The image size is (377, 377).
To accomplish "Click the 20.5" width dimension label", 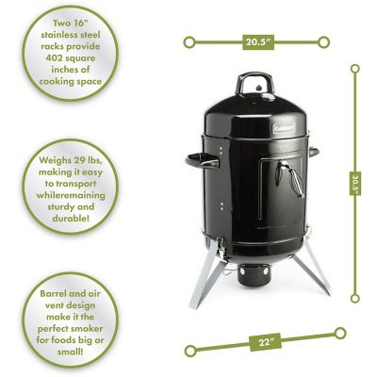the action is click(258, 42).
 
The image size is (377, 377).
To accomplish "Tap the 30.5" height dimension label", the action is click(355, 184).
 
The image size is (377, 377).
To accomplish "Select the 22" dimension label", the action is click(265, 341).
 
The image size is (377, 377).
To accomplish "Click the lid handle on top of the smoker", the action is click(254, 81).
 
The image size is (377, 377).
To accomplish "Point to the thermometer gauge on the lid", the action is click(268, 97).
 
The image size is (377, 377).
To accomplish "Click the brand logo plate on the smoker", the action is click(283, 127).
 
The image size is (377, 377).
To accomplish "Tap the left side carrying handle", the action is click(202, 161).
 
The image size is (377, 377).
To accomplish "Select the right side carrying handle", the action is click(314, 152).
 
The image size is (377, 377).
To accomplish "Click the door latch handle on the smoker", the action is click(289, 178).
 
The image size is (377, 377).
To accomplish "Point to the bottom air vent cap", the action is click(254, 275).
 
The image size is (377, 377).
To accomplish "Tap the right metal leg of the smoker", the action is click(312, 267).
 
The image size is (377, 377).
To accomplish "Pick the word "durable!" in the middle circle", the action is click(71, 218).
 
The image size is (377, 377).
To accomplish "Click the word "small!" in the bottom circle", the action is click(71, 352).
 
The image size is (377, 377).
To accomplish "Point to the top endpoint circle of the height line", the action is click(355, 68).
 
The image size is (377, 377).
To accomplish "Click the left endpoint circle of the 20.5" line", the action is click(188, 42).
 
